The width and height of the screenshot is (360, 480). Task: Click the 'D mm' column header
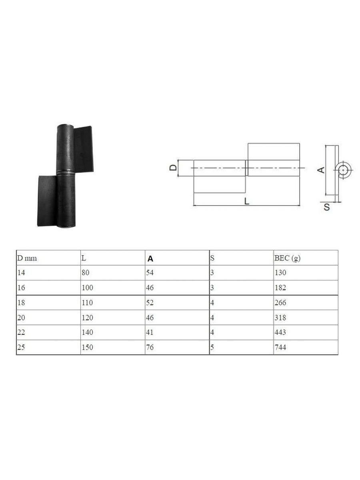27,258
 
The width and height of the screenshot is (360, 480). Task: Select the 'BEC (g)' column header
288,258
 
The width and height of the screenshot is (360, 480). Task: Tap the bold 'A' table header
150,259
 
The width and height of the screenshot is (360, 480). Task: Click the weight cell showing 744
280,347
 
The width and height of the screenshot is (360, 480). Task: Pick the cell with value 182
280,288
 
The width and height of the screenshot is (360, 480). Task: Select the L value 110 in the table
87,303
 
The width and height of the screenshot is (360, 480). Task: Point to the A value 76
150,347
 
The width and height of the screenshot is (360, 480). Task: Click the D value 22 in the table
21,332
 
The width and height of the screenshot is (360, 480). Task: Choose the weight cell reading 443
280,332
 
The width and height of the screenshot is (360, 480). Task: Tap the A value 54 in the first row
150,273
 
